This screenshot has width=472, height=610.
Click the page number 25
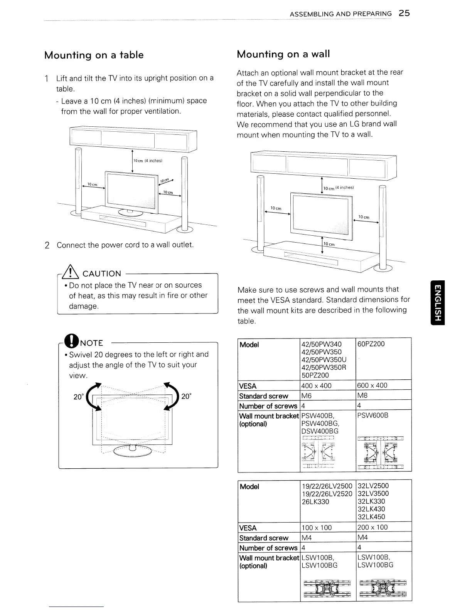coord(404,13)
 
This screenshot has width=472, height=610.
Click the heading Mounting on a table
coord(94,55)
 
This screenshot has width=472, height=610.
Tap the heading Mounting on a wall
coord(283,54)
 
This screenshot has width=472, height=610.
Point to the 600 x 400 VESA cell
coord(372,385)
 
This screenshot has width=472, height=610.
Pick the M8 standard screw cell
coord(363,395)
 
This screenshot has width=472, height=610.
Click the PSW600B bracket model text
coord(373,416)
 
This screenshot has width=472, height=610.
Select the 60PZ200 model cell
coord(371,344)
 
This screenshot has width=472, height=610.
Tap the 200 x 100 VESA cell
coord(372,527)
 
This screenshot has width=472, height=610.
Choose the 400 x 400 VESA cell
coord(316,385)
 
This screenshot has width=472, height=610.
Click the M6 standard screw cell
coord(307,396)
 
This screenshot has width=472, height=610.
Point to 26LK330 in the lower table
coord(315,502)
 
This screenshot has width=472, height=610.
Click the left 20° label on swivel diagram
coord(79,397)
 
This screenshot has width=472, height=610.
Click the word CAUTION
coord(102,273)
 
